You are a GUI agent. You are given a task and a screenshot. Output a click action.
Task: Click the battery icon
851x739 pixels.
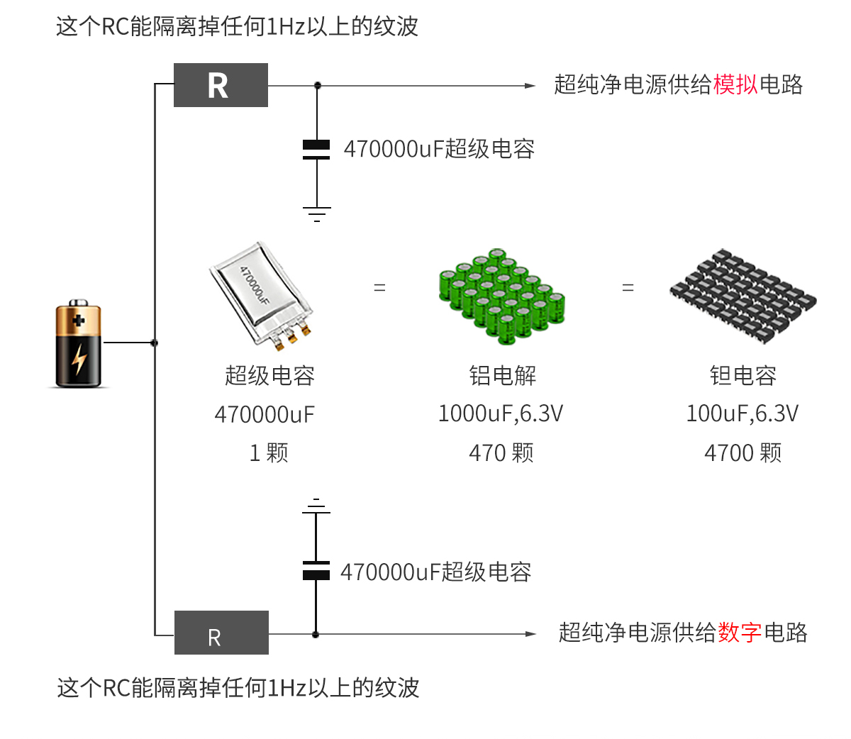[x=79, y=345]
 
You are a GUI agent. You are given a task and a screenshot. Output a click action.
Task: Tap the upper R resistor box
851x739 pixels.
[x=221, y=85]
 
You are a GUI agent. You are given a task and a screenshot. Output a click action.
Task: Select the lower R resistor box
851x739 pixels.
[x=221, y=633]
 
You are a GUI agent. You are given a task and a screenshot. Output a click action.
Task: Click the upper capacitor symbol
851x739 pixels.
[x=316, y=149]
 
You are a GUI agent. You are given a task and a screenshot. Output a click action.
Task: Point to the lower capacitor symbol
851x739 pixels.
[x=316, y=571]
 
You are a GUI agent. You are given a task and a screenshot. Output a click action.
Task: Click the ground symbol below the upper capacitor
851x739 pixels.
[x=316, y=213]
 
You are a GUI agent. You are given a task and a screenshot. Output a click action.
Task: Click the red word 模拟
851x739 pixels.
[x=735, y=84]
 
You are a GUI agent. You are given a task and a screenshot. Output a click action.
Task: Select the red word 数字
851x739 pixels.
[x=740, y=632]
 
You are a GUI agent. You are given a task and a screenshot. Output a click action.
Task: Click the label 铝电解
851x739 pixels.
[x=502, y=375]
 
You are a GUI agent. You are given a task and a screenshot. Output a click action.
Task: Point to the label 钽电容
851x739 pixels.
[x=742, y=375]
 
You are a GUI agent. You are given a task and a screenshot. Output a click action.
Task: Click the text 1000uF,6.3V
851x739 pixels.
[x=501, y=413]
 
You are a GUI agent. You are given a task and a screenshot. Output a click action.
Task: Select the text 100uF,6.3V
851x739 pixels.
[x=742, y=413]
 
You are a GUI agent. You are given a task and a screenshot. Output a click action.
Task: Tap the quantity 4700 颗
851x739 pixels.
[x=742, y=452]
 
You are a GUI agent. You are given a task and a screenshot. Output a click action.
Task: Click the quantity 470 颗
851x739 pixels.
[x=501, y=452]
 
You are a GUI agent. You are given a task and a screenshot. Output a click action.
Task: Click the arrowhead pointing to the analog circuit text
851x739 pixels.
[x=530, y=86]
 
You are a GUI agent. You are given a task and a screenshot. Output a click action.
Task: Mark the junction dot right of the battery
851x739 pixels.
[x=155, y=343]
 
